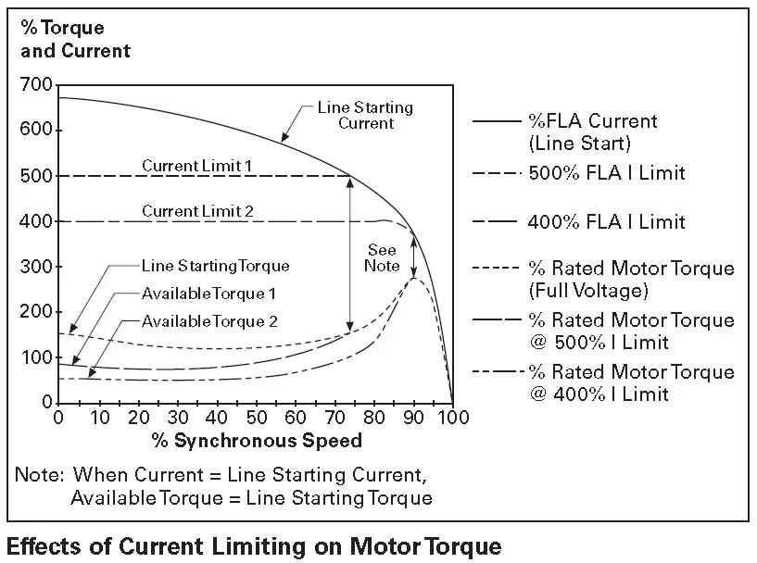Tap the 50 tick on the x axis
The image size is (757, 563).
(x=256, y=417)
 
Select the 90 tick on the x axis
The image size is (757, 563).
(x=413, y=417)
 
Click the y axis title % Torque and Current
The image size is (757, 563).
(x=75, y=40)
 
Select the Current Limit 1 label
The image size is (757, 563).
(x=197, y=165)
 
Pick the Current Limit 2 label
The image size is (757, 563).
(x=197, y=210)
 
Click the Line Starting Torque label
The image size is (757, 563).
(x=215, y=266)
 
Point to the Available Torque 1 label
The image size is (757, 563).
(x=209, y=294)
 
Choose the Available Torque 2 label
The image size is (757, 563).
(x=209, y=321)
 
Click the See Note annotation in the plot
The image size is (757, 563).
(x=382, y=257)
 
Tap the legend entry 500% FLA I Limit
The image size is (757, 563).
(x=606, y=173)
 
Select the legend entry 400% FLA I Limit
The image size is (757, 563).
(x=606, y=221)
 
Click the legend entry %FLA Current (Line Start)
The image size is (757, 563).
(x=592, y=131)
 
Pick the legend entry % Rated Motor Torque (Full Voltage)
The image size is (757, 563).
(x=630, y=279)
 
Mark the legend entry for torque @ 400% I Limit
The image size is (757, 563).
(x=630, y=382)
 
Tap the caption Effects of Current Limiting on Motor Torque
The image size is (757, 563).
(x=254, y=544)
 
